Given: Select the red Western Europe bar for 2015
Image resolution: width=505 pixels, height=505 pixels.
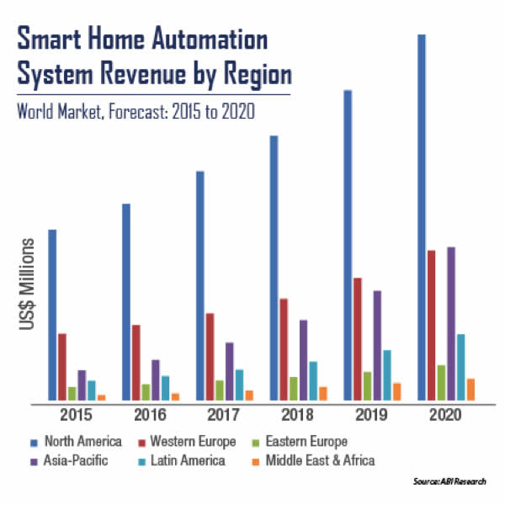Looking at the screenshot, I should tap(61, 367).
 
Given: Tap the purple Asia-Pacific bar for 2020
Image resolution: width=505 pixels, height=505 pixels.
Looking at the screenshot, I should tap(451, 323).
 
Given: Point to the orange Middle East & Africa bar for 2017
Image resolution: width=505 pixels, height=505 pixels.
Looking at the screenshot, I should tap(249, 395).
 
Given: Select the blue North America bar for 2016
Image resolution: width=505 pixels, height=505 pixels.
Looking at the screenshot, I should tap(125, 301).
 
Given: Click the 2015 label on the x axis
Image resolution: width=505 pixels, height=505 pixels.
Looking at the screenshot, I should tap(76, 415).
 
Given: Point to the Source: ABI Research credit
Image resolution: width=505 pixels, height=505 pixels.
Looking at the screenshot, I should tap(449, 483).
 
